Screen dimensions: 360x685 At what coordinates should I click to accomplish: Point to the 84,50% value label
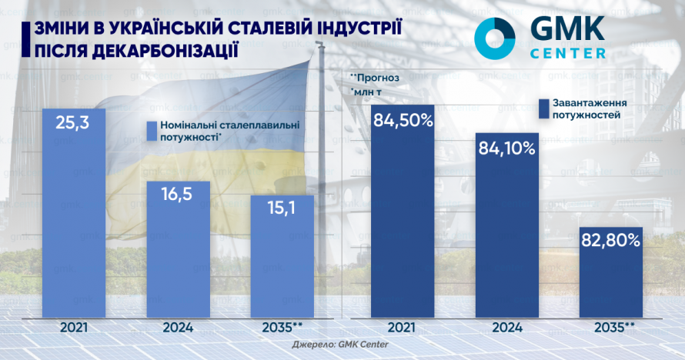click(403, 120)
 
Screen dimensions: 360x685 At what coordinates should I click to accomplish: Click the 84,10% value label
click(506, 148)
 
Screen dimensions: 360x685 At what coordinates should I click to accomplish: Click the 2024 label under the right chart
click(506, 327)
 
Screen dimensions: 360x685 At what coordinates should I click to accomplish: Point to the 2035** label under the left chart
click(282, 327)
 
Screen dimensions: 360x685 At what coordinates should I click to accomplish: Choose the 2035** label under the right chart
click(610, 327)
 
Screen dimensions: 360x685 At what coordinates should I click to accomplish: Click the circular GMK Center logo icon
click(495, 36)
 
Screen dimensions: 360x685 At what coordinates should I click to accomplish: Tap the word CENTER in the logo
click(568, 54)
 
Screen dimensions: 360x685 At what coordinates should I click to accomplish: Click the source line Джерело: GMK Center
click(340, 345)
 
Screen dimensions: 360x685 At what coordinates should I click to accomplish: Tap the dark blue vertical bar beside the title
click(26, 39)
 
